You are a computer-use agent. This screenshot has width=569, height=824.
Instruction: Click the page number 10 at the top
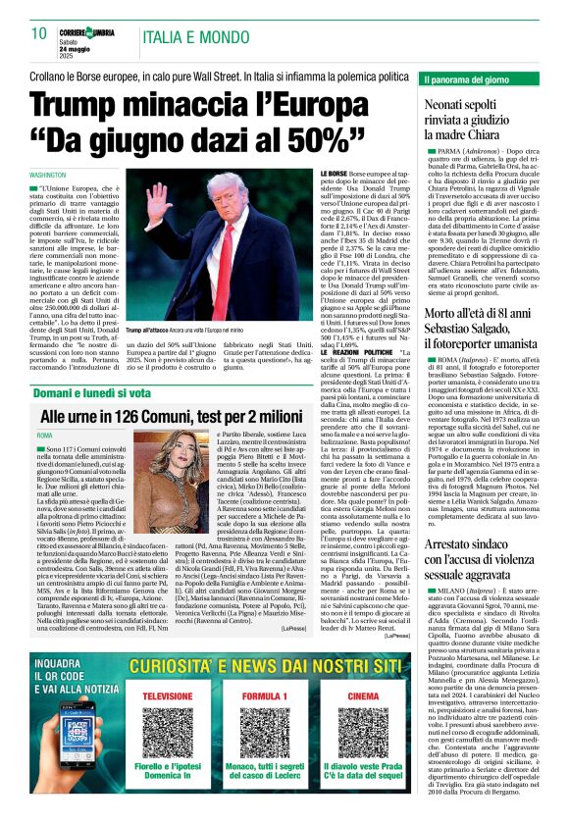pyautogui.click(x=39, y=32)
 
